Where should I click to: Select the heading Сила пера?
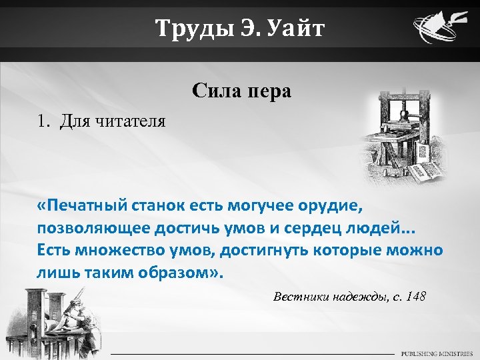click(241, 90)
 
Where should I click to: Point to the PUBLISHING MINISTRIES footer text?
click(437, 353)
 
